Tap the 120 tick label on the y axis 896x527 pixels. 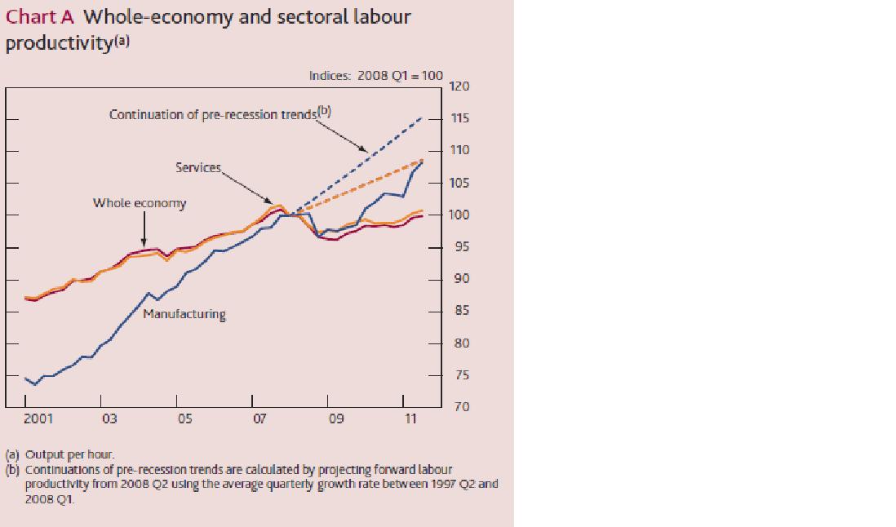460,86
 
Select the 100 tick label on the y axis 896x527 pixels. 460,215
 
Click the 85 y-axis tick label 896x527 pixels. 460,312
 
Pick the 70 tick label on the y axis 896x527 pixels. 460,406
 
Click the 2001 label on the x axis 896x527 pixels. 38,418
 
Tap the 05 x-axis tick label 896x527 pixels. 184,418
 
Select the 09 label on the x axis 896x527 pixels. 335,418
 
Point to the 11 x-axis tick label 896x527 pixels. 410,418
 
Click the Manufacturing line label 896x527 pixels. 184,314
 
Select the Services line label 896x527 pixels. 197,167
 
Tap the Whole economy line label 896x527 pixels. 139,203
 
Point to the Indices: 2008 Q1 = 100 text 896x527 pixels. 375,75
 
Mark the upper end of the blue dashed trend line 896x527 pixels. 423,117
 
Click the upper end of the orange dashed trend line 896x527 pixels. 423,159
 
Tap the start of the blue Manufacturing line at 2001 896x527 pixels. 25,378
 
